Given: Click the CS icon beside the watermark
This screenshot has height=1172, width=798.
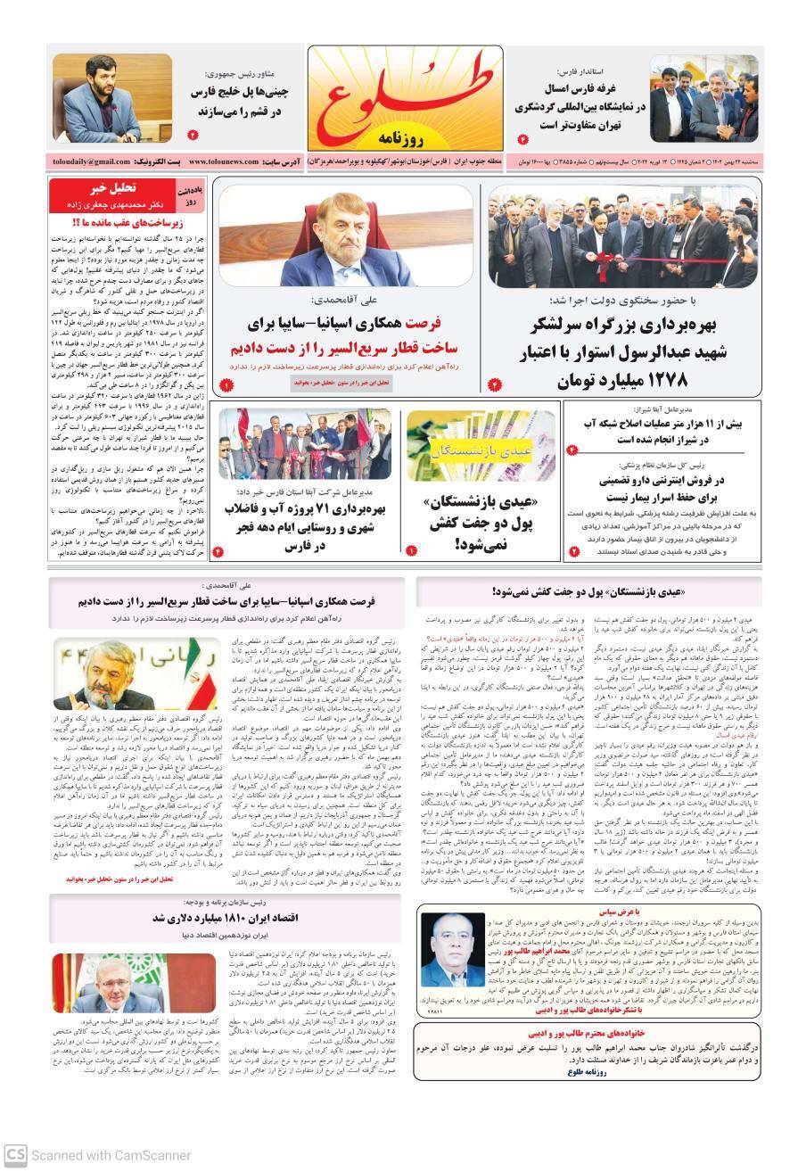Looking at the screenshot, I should [14, 1156].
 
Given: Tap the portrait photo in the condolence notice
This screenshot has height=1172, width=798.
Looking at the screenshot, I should [452, 949].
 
